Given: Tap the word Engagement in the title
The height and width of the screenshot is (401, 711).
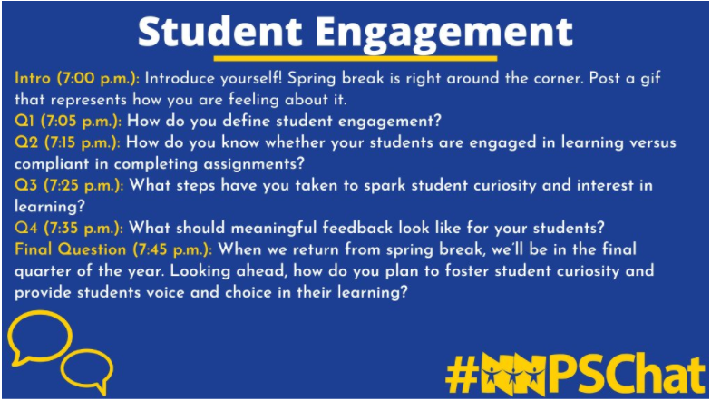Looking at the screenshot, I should point(444,34).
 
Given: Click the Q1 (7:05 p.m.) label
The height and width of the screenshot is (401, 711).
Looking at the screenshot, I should point(69,121).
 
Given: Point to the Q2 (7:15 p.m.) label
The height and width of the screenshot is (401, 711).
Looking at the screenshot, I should point(69,142).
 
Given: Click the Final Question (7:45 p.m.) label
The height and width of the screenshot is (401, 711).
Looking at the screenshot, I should point(113,248).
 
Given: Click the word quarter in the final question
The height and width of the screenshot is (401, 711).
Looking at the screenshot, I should point(46,269).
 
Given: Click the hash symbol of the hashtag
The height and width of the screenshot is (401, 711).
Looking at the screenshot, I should point(463,373).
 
